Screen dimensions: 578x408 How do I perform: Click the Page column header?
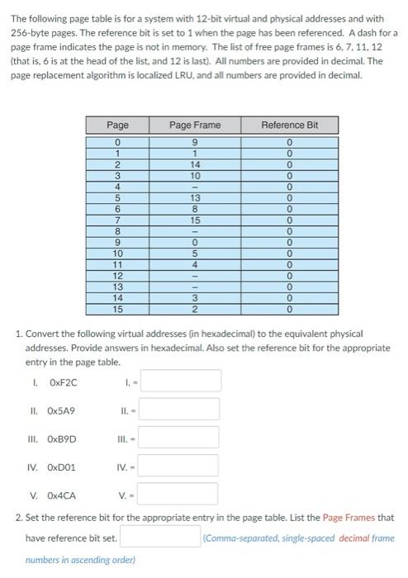[118, 125]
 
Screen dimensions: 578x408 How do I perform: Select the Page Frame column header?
[194, 125]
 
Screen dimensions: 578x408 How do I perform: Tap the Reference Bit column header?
[288, 125]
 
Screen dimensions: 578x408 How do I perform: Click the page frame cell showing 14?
[194, 164]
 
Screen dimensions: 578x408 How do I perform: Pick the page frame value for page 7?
[194, 220]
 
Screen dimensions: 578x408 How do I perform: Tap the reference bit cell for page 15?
[288, 310]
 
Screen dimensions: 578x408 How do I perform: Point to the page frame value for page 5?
[194, 198]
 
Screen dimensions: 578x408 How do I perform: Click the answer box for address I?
[186, 381]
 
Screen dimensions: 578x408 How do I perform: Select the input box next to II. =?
[186, 409]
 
